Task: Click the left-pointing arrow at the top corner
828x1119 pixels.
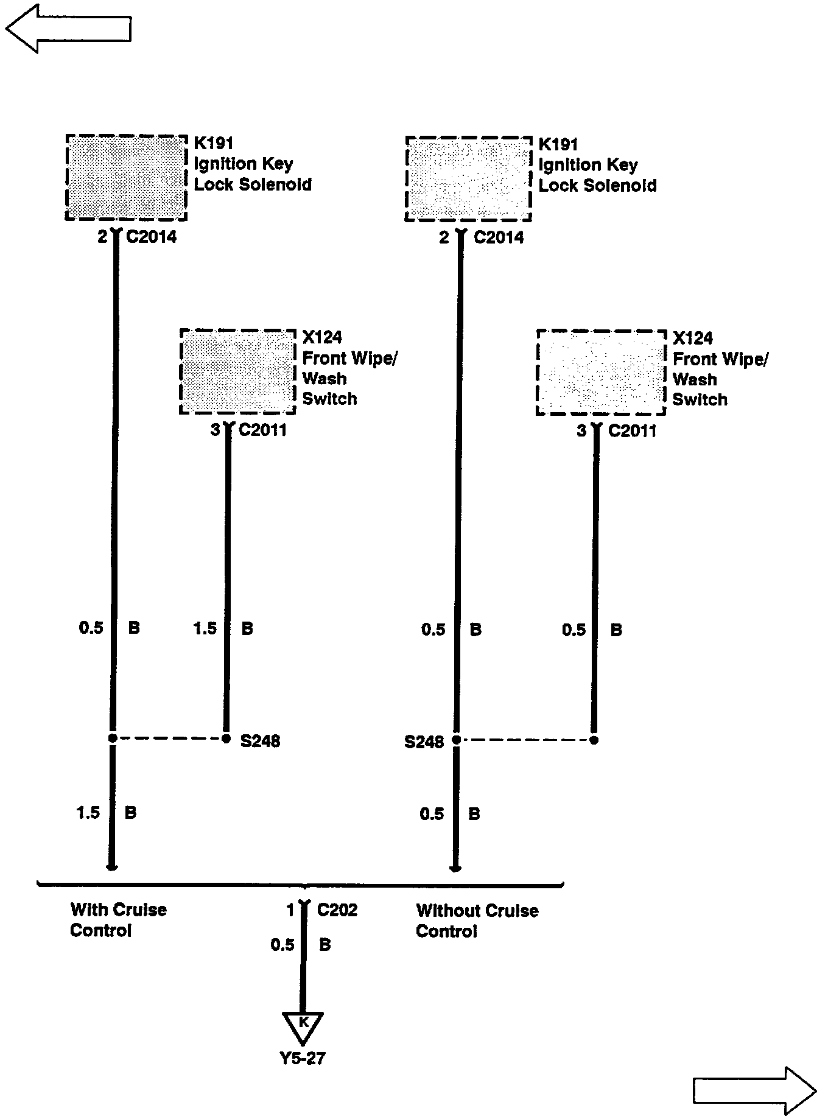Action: click(x=68, y=28)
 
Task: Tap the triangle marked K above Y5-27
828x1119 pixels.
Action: click(x=303, y=1027)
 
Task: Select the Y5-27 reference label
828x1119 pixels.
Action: click(x=303, y=1058)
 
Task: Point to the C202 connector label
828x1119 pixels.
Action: click(x=337, y=910)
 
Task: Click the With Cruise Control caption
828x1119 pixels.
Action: click(x=118, y=920)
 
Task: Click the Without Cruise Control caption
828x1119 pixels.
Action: click(x=477, y=921)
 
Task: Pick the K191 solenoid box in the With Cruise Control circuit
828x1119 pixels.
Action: click(x=126, y=178)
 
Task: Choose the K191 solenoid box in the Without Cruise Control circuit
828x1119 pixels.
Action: click(x=468, y=179)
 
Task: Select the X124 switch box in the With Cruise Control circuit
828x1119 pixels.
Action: click(x=238, y=371)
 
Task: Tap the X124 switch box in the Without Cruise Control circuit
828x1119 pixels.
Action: click(x=600, y=373)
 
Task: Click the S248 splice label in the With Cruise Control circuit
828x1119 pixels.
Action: click(x=260, y=741)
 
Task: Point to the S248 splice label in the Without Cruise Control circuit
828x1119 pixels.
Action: click(x=424, y=742)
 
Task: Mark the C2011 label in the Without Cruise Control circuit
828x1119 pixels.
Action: click(x=633, y=431)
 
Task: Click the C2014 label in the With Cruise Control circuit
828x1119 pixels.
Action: click(x=151, y=237)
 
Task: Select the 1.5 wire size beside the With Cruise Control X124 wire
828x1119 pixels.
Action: click(x=205, y=628)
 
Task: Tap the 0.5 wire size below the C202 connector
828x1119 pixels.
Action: click(x=282, y=945)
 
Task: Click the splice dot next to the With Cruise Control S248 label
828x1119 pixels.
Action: click(x=226, y=738)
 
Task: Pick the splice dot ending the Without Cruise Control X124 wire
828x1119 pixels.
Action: click(x=594, y=740)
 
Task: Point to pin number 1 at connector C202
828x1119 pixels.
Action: click(x=290, y=910)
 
